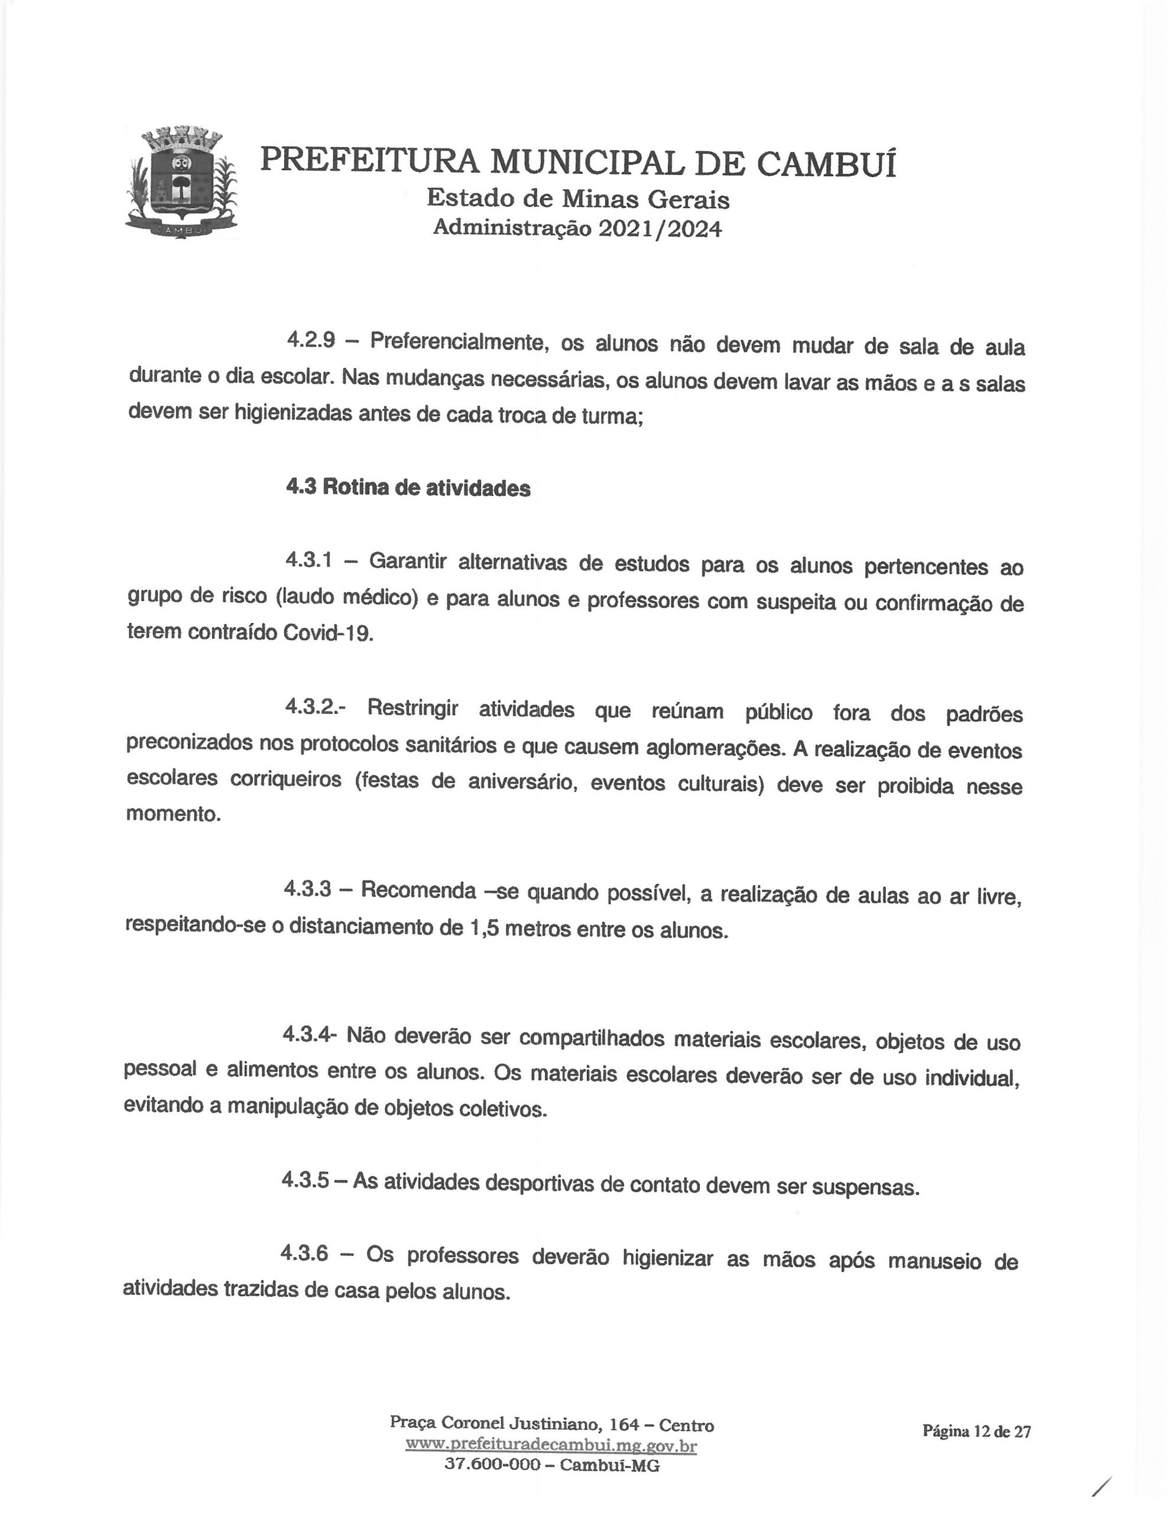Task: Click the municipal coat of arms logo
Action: (182, 183)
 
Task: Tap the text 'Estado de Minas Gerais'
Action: (578, 200)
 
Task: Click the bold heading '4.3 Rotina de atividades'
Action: (408, 488)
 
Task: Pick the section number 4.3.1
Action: (309, 560)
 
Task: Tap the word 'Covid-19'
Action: (329, 633)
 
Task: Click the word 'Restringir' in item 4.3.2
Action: (413, 708)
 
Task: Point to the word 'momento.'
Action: (173, 813)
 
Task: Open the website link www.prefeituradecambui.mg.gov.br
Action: (551, 1445)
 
